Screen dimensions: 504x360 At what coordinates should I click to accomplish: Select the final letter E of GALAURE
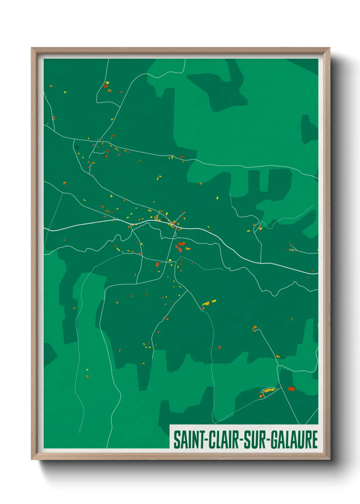315,440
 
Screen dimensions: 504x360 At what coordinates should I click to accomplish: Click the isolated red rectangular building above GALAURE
291,389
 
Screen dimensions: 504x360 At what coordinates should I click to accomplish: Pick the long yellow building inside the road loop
269,390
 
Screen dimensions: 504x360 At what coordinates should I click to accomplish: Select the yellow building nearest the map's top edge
107,82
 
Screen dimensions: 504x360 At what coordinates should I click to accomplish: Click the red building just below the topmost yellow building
105,86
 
